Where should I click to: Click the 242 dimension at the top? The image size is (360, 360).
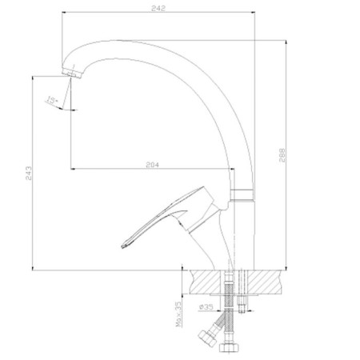click(157, 8)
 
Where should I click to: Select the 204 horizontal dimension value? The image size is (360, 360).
click(153, 164)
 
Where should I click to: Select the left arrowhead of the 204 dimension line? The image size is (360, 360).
click(74, 169)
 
